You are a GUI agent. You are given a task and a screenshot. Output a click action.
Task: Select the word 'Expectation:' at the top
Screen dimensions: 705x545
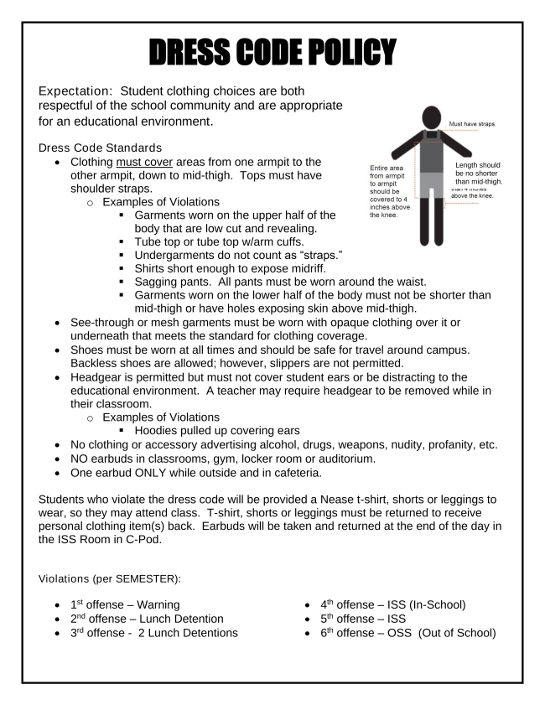(x=78, y=90)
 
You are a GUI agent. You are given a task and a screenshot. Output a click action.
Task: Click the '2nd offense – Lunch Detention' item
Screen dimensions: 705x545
(x=142, y=618)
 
